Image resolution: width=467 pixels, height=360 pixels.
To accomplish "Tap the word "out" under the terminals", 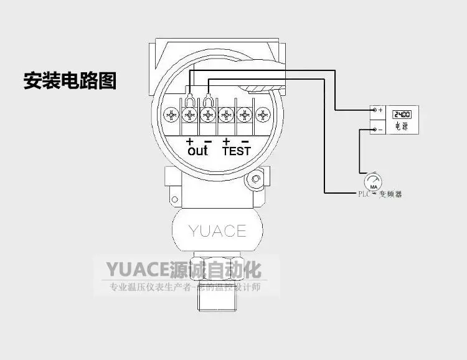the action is click(x=197, y=151).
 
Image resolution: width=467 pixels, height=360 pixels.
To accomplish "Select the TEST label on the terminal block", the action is click(x=237, y=151).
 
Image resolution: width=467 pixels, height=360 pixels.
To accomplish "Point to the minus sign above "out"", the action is click(x=207, y=141).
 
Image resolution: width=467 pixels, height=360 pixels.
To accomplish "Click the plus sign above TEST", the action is click(x=227, y=141).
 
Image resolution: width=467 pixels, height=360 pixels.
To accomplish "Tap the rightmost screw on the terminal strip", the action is click(x=264, y=115).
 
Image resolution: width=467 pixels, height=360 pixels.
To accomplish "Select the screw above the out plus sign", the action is click(x=190, y=115).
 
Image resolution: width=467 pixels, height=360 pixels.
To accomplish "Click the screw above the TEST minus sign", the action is click(x=245, y=115).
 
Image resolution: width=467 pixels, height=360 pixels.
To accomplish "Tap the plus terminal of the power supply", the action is click(x=374, y=110).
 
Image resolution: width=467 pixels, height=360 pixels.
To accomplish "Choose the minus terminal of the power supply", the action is click(x=374, y=130).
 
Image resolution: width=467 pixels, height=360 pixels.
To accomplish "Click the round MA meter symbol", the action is click(x=374, y=181).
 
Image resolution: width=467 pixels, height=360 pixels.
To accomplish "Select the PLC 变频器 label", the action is click(x=380, y=194).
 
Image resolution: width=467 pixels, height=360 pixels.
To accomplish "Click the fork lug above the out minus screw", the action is click(x=208, y=98).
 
